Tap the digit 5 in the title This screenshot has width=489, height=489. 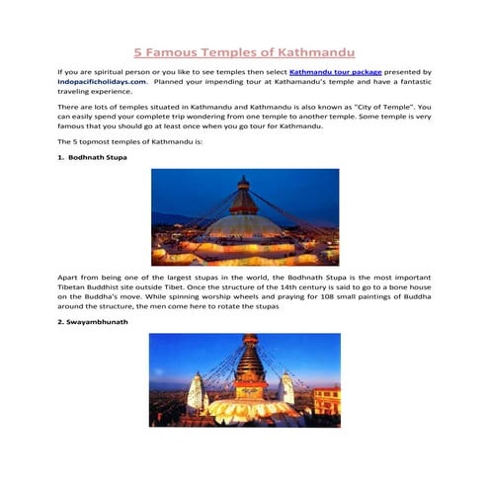[139, 51]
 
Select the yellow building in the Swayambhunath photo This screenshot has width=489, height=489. [325, 399]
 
